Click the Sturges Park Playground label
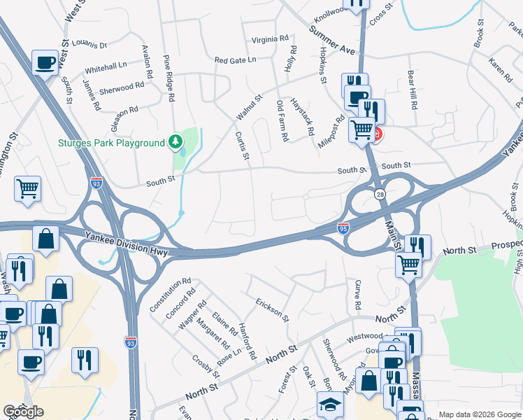[110, 143]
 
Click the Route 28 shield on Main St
[380, 192]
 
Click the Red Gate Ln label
[235, 60]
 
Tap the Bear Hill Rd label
[413, 90]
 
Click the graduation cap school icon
[331, 405]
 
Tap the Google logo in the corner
[23, 412]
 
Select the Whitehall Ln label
[106, 67]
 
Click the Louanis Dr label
[89, 45]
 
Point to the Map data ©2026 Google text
[480, 414]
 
